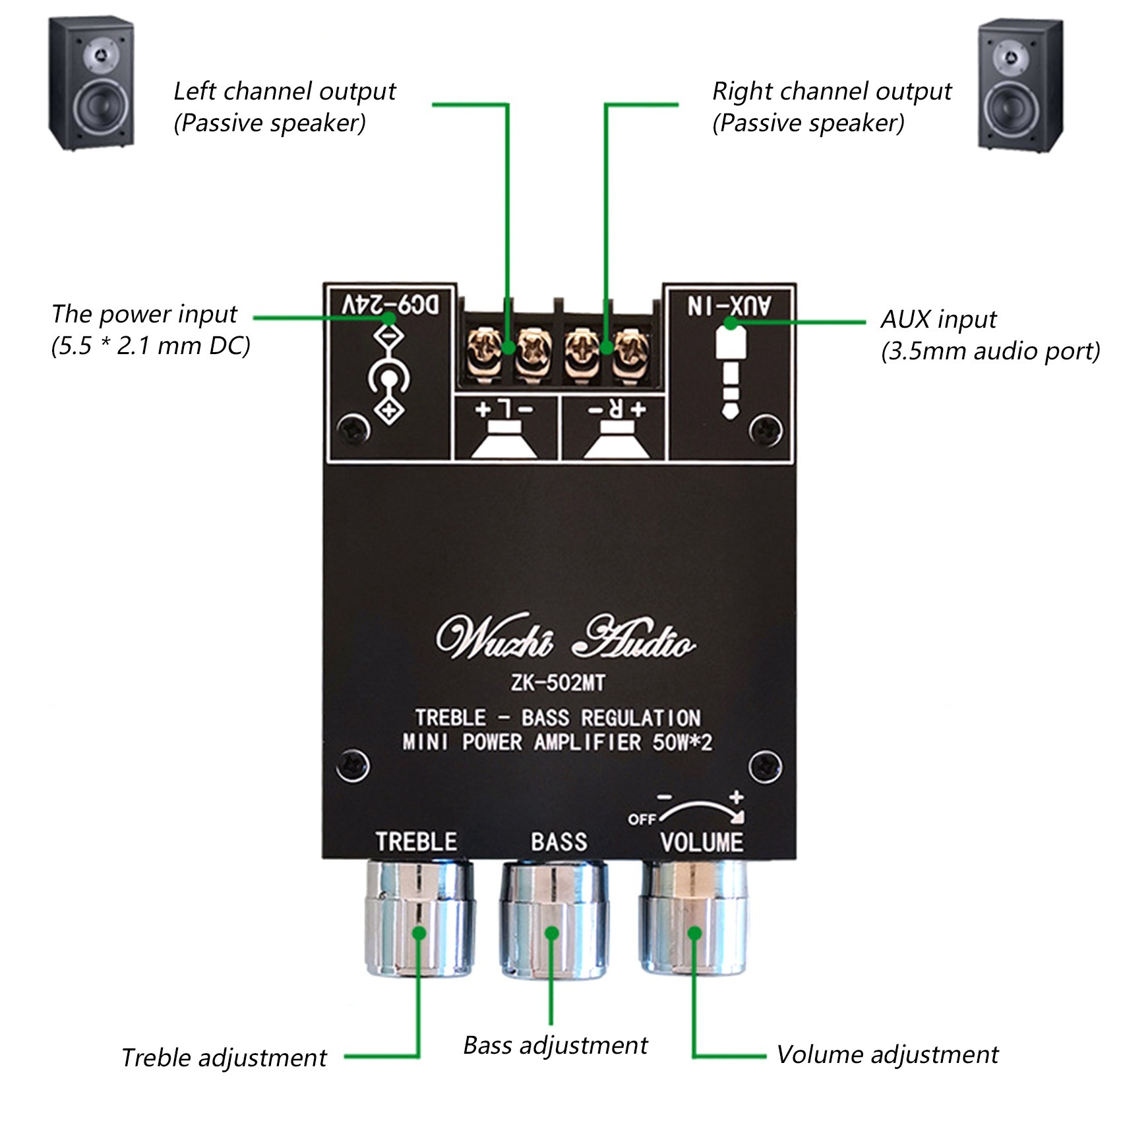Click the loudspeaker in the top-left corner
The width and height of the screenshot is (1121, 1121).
coord(92,84)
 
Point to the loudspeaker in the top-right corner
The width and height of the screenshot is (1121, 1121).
coord(1019,85)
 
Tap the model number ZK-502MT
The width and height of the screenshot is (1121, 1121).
coord(558,683)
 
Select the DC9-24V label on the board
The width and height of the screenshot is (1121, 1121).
coord(390,305)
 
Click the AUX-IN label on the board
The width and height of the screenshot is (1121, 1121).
coord(729,305)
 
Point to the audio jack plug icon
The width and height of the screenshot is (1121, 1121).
coord(729,369)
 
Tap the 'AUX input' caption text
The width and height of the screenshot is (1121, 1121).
coord(938,320)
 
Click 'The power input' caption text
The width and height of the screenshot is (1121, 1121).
coord(144,315)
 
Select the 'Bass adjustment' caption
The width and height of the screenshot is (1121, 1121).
coord(555,1045)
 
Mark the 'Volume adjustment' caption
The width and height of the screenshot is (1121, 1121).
coord(887,1054)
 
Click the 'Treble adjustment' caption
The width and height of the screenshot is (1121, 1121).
coord(224,1058)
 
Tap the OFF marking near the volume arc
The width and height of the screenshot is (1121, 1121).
coord(641,819)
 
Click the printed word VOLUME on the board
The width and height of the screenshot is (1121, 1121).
coord(702,842)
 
